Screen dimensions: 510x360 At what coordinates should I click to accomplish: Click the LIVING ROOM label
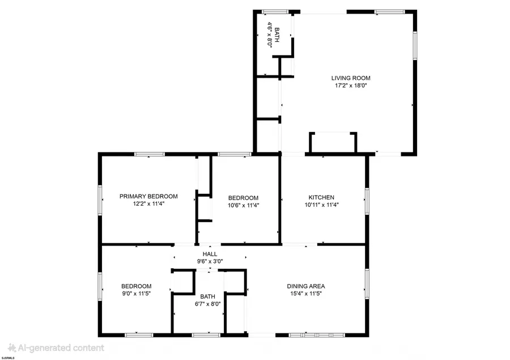click(x=351, y=78)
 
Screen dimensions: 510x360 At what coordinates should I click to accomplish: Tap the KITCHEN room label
click(x=321, y=198)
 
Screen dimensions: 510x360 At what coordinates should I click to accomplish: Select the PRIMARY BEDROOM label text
click(x=148, y=196)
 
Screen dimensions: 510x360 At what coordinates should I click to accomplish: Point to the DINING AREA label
click(x=306, y=286)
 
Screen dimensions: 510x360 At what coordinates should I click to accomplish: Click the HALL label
click(x=210, y=254)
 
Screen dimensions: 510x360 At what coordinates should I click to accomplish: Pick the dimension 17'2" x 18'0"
click(x=351, y=86)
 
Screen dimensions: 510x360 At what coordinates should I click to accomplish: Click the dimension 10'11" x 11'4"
click(x=322, y=205)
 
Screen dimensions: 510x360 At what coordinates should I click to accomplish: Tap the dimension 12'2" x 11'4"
click(x=148, y=204)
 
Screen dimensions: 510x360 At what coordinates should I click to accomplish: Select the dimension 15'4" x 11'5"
click(x=306, y=294)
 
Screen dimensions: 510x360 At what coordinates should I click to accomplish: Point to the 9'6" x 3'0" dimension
click(x=210, y=261)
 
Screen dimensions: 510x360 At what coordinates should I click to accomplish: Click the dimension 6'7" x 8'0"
click(x=207, y=304)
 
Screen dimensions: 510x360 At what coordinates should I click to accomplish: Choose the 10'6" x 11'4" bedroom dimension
click(x=243, y=205)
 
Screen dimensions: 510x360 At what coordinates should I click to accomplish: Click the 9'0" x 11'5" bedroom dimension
click(x=136, y=294)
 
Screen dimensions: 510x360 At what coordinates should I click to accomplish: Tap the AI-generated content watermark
click(x=56, y=348)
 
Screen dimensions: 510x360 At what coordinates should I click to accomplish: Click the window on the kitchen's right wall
click(x=367, y=201)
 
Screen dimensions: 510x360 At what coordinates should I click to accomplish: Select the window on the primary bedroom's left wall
click(x=100, y=200)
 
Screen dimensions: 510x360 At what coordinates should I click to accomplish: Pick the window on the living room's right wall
click(x=415, y=45)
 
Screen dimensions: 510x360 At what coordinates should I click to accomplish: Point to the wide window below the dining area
click(x=317, y=334)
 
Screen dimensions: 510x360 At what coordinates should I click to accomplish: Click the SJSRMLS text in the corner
click(x=8, y=358)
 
